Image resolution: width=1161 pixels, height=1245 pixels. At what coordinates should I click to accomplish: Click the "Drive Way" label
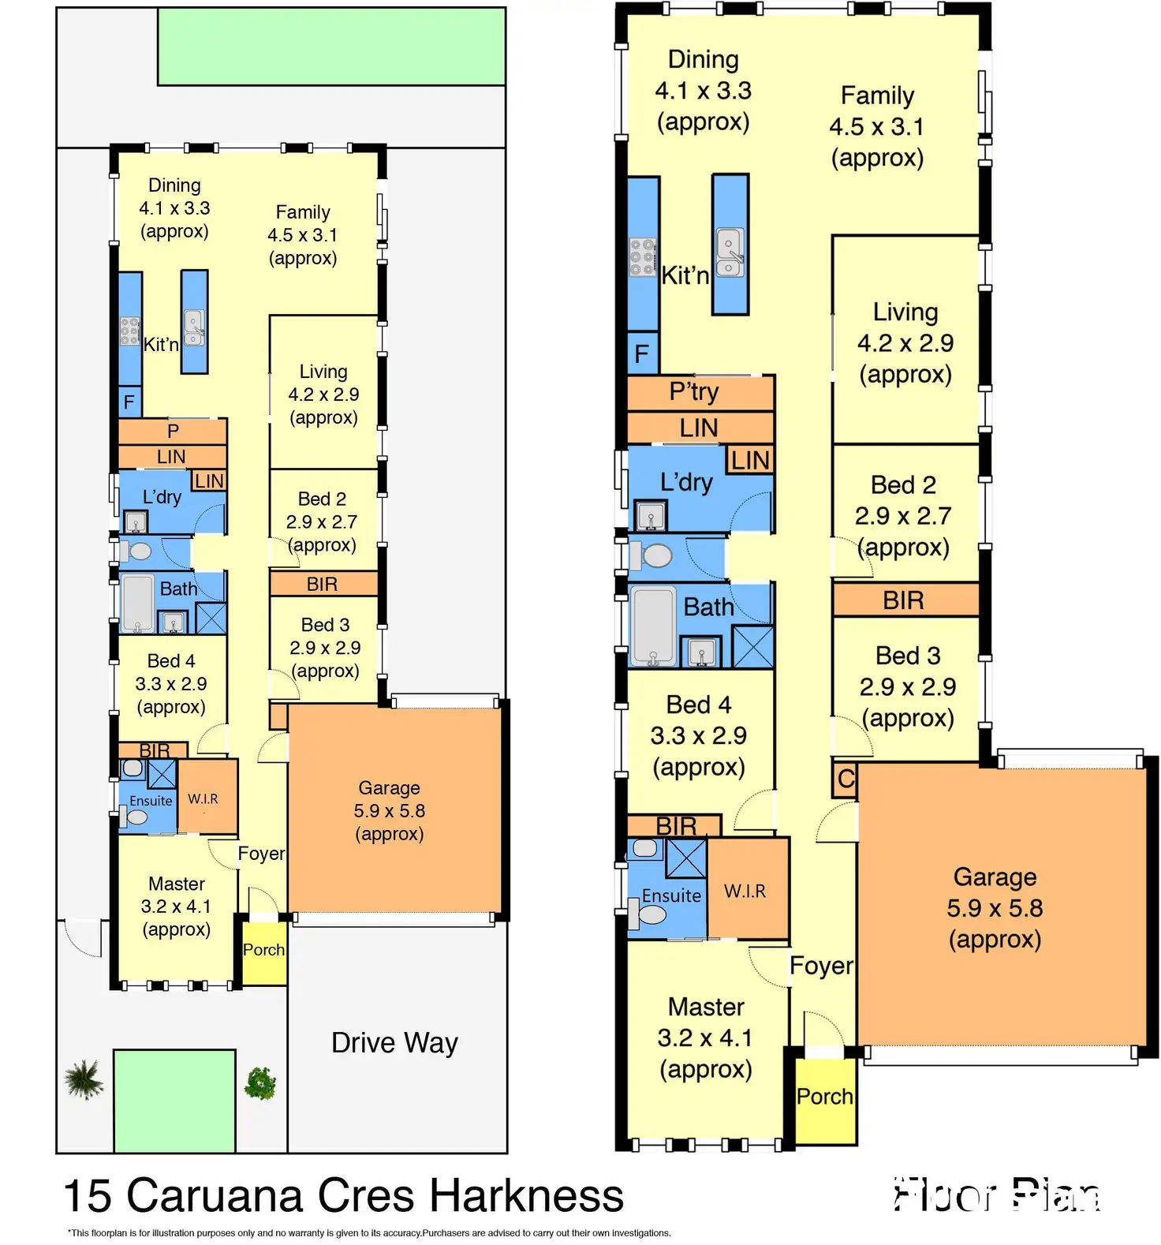click(x=394, y=1043)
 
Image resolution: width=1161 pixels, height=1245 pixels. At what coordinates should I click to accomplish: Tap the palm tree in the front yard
click(x=84, y=1079)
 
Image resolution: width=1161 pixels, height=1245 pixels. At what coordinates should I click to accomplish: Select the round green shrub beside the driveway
click(x=260, y=1083)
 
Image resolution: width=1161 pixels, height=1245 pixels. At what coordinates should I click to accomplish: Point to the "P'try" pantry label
click(x=694, y=392)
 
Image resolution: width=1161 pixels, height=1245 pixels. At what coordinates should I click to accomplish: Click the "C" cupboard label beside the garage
click(x=846, y=779)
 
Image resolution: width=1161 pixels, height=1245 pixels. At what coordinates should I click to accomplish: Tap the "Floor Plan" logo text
click(x=997, y=1195)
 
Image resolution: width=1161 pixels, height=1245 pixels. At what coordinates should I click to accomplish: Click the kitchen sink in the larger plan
click(x=730, y=252)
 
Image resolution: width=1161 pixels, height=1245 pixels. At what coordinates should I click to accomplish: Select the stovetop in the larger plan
click(x=643, y=257)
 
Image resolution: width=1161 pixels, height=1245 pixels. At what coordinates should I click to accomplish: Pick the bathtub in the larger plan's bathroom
click(x=654, y=626)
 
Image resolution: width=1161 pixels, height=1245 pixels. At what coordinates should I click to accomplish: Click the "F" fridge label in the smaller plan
click(x=129, y=403)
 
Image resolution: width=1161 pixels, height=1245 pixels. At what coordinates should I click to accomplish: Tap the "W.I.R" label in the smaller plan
click(x=203, y=798)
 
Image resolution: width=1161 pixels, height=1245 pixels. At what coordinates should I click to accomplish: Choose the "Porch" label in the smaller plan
click(x=263, y=950)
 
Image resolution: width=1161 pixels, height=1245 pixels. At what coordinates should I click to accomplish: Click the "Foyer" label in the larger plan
click(x=821, y=966)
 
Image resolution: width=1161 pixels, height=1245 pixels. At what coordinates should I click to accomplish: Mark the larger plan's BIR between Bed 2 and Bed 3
click(x=903, y=600)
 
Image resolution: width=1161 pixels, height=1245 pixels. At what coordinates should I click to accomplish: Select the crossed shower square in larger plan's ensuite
click(x=685, y=858)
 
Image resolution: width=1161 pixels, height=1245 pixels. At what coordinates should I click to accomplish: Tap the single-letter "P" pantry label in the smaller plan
click(x=173, y=431)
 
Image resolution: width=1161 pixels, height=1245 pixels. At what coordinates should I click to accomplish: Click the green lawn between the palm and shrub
click(x=174, y=1101)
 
